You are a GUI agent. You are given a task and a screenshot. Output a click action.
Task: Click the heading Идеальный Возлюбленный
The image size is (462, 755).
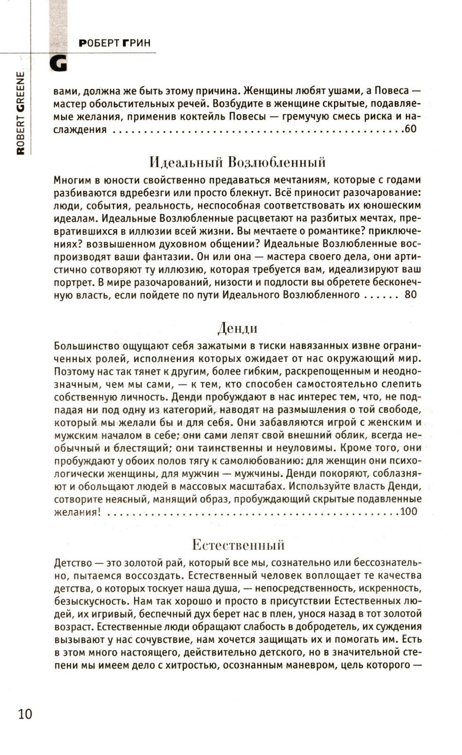[237, 162]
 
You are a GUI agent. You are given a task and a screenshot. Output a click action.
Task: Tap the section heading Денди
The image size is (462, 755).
[237, 327]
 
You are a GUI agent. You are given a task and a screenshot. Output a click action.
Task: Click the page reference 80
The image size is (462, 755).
[411, 295]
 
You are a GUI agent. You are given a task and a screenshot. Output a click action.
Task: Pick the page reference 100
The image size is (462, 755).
[408, 512]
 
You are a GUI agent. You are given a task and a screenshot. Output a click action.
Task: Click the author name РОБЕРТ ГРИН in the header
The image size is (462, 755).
[115, 43]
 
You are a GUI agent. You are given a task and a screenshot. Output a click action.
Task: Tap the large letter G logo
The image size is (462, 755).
[59, 65]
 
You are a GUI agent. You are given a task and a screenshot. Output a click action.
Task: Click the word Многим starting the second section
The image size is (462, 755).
[70, 180]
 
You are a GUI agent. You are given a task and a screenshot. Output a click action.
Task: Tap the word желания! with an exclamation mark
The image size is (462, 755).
[77, 512]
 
